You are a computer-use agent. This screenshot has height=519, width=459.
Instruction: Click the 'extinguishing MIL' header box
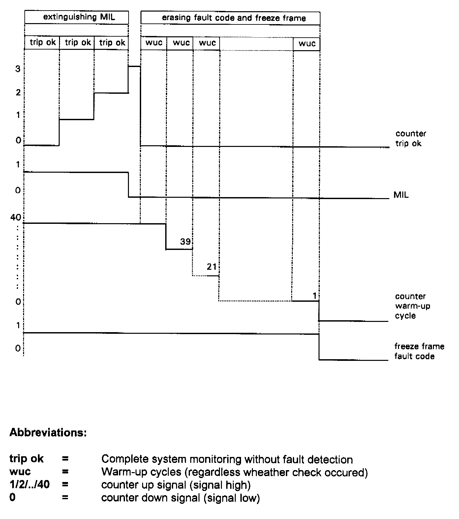(x=76, y=17)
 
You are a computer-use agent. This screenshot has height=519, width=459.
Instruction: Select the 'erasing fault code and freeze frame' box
(x=230, y=18)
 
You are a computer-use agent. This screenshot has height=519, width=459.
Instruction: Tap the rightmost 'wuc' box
(x=307, y=44)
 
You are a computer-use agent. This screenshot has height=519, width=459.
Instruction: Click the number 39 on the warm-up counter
(x=185, y=242)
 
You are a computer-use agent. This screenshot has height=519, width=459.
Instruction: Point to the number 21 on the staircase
(x=212, y=267)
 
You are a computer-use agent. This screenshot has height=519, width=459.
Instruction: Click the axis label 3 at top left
(x=18, y=69)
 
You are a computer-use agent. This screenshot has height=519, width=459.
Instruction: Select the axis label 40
(x=16, y=217)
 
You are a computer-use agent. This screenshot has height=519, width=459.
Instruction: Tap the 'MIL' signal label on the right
(x=401, y=195)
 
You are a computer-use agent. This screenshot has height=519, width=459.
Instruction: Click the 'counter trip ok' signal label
(x=411, y=138)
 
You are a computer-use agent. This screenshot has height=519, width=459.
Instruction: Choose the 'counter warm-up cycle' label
(x=413, y=306)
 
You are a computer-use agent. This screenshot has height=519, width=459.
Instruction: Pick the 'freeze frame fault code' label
(x=419, y=351)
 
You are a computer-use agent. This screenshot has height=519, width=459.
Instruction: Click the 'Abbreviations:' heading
(x=48, y=433)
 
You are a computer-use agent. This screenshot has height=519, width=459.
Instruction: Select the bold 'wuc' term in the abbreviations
(x=20, y=472)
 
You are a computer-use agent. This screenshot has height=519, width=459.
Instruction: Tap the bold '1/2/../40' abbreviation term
(x=30, y=485)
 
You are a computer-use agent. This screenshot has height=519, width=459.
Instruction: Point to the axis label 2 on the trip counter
(x=18, y=92)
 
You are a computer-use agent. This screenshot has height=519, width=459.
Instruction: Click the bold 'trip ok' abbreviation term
(x=27, y=459)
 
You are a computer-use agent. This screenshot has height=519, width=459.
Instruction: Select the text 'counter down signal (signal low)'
(x=180, y=498)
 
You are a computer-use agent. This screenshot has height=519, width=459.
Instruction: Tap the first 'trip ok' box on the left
(x=43, y=43)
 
